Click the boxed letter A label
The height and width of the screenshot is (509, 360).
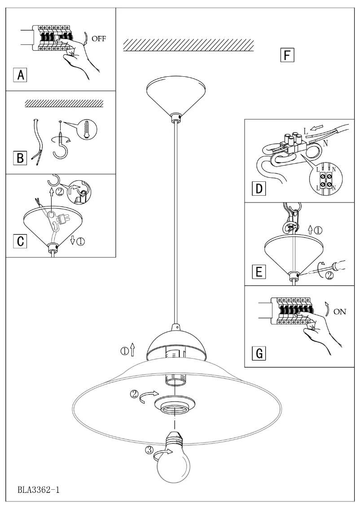point(20,75)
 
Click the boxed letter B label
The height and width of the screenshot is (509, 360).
point(20,158)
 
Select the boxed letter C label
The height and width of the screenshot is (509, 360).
point(20,241)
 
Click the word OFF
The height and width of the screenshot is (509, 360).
point(99,38)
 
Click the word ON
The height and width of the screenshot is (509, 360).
point(340,310)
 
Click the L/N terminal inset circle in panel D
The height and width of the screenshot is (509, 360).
point(326,178)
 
